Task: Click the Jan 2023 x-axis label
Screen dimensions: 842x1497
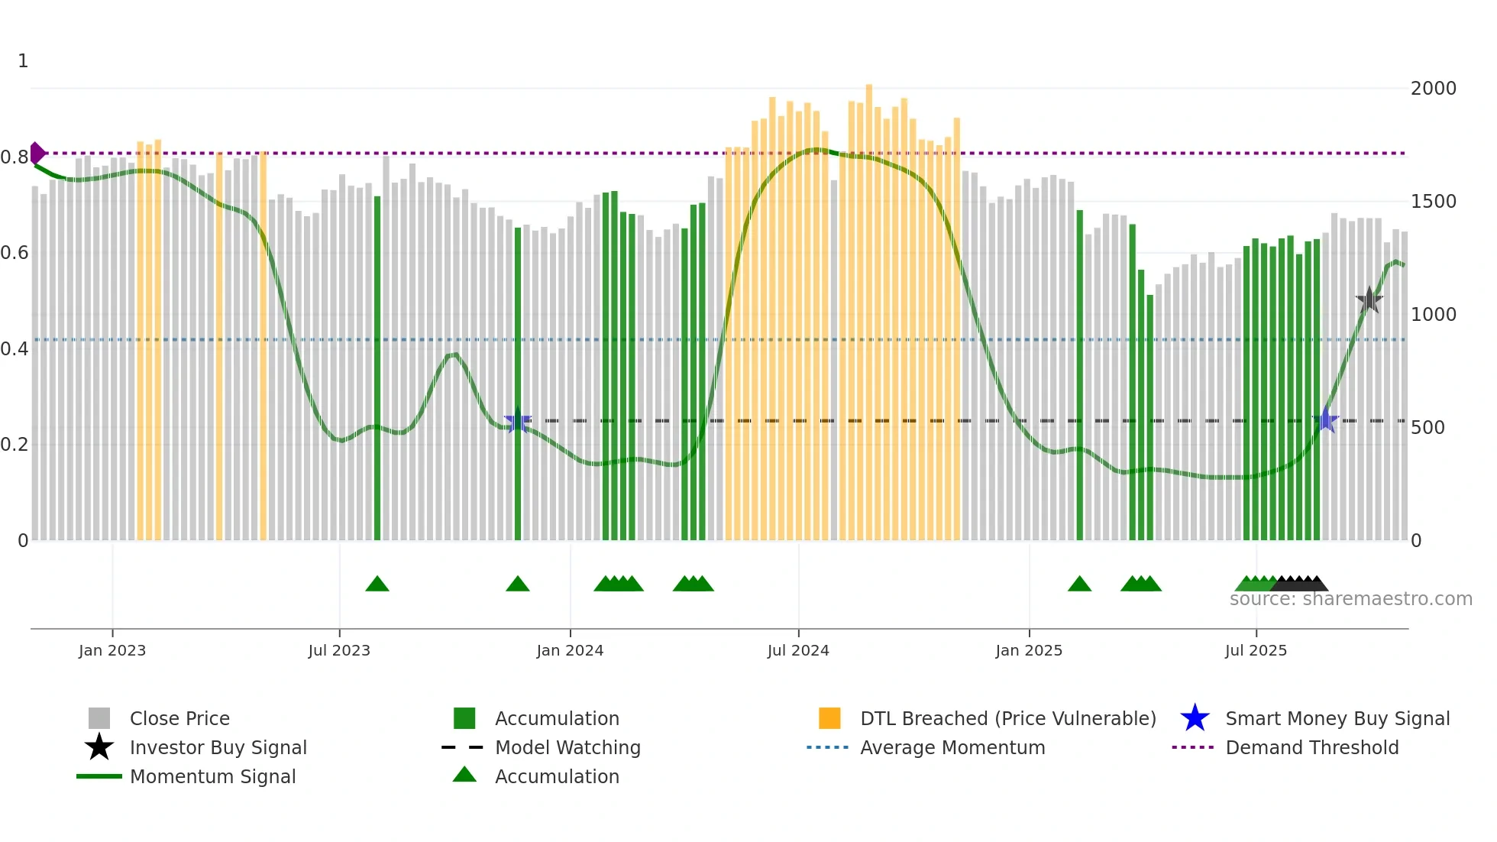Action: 112,650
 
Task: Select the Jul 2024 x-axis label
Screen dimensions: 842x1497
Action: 798,650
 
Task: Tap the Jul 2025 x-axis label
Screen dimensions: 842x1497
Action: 1256,650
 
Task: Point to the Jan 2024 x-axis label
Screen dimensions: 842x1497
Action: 570,650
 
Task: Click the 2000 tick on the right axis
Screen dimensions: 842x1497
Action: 1433,89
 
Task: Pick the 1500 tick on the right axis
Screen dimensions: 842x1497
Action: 1433,202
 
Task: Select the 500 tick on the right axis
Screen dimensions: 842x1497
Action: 1427,428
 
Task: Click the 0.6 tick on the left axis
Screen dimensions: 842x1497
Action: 15,253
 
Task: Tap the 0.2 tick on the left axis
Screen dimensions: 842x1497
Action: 15,445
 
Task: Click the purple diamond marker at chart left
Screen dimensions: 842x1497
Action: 37,154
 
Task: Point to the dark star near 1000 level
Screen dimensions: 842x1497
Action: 1369,300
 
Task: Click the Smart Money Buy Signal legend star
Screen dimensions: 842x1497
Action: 1195,718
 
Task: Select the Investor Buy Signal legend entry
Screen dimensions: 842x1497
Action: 218,747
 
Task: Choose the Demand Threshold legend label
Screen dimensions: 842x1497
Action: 1311,747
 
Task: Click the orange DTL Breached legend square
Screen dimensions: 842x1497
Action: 829,718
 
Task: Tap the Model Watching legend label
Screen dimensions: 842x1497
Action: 567,747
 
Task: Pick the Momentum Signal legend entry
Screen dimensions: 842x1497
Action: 212,776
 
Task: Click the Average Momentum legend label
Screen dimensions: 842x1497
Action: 952,747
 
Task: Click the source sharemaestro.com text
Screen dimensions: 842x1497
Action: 1350,599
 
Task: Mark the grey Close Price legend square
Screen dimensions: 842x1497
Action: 99,718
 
